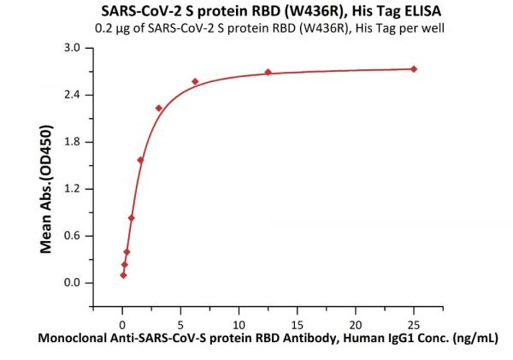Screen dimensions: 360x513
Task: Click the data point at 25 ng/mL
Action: [x=414, y=68]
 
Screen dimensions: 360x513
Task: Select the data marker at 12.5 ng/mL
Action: [x=268, y=72]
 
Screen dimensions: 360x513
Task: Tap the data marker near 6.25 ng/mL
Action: [x=195, y=81]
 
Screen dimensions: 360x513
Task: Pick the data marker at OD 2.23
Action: [x=159, y=108]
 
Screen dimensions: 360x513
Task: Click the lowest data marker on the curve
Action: [x=123, y=274]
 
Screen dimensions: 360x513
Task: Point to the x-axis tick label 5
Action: [x=180, y=325]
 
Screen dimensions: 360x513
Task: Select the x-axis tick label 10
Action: [x=239, y=325]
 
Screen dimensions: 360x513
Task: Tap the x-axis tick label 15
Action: [x=297, y=325]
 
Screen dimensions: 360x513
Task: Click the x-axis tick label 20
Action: [x=355, y=325]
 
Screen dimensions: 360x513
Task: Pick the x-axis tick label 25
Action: [x=414, y=325]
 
